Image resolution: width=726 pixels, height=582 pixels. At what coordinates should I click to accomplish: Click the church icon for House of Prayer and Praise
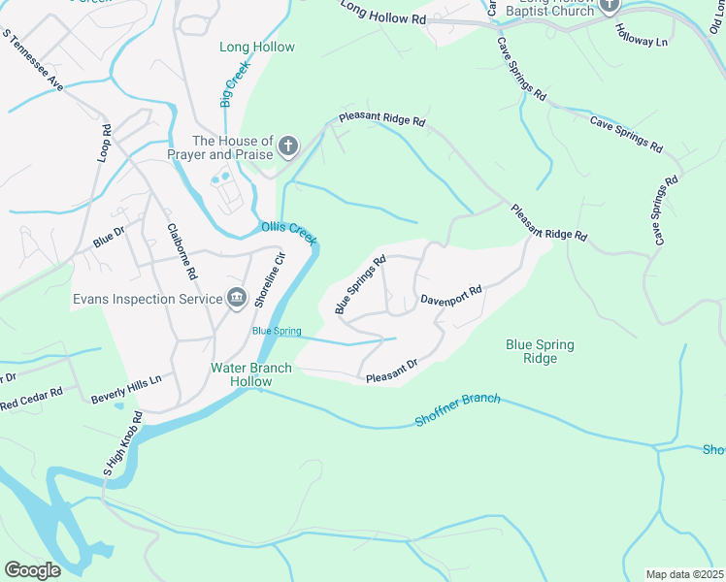(287, 147)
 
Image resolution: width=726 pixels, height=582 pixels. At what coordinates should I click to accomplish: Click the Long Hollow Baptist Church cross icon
(609, 6)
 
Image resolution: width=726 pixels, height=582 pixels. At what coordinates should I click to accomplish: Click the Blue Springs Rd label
(361, 285)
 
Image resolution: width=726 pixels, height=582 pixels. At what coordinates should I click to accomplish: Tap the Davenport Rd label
(451, 295)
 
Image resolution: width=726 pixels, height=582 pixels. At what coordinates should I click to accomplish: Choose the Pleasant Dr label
(391, 371)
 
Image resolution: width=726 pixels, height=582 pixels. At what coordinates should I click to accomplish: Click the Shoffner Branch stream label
(457, 409)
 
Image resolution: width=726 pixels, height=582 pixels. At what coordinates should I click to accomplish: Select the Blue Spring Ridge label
(540, 351)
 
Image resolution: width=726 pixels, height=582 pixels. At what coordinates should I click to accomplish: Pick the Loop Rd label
(105, 143)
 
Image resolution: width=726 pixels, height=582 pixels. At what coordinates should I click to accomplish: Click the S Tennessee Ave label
(33, 61)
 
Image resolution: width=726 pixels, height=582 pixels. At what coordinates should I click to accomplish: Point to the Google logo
(32, 570)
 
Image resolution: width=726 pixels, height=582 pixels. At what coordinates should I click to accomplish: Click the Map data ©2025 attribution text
(684, 574)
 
